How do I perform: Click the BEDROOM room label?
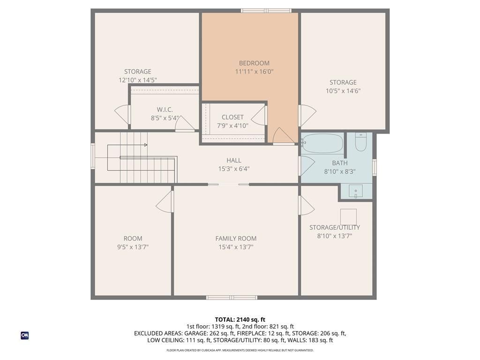click(254, 63)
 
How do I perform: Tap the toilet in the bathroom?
click(360, 142)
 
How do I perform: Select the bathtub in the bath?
click(322, 143)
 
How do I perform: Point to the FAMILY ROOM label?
click(236, 239)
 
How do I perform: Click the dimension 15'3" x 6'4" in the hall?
click(234, 169)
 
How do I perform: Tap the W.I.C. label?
click(165, 110)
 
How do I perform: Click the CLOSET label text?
click(232, 117)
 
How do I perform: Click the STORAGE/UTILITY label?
click(335, 227)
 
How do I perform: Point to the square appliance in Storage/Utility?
click(348, 217)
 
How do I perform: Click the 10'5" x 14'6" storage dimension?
click(343, 91)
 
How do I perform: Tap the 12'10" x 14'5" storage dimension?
click(138, 80)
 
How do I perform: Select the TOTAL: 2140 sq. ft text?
click(240, 320)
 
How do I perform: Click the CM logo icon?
click(25, 336)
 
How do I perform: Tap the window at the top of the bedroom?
click(266, 11)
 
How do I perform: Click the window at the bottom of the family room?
click(232, 298)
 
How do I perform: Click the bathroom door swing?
click(307, 165)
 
